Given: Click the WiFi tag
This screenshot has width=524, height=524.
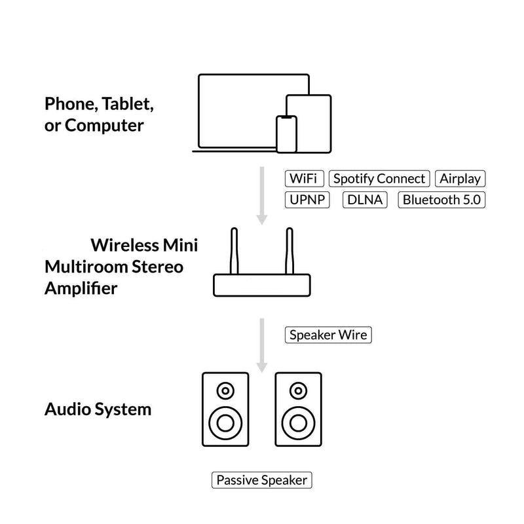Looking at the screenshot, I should point(304,178).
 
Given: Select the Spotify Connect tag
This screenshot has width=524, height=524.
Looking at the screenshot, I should point(379,178).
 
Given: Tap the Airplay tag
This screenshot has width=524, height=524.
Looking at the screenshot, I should point(460,178).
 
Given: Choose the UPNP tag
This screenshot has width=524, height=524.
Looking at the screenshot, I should point(307,200).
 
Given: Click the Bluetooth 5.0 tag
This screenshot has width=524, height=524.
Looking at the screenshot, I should point(441,200).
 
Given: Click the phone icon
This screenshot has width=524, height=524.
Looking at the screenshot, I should point(286,134).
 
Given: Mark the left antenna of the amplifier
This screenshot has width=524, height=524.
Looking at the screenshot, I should point(235,252).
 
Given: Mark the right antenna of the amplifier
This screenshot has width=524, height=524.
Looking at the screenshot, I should point(288,252).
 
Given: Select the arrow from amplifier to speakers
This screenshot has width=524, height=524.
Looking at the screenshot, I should point(262,344).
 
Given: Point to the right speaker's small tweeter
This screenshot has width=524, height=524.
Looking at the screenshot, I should point(299,392).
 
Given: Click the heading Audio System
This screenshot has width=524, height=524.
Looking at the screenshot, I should point(98,409).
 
